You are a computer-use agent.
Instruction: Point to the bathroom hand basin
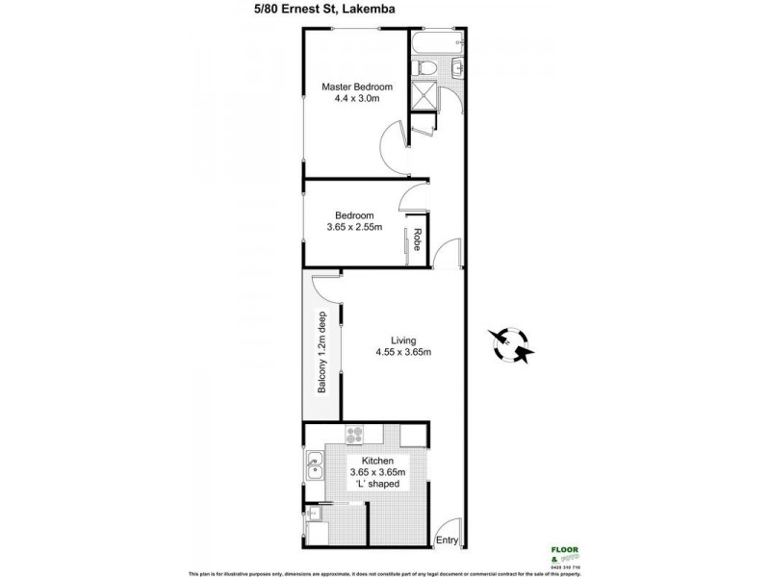point(457,66)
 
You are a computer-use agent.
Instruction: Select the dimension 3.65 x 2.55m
point(352,228)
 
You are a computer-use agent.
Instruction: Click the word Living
point(403,339)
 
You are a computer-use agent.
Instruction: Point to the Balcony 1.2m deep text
point(322,352)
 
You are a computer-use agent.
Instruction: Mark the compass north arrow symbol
point(509,343)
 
